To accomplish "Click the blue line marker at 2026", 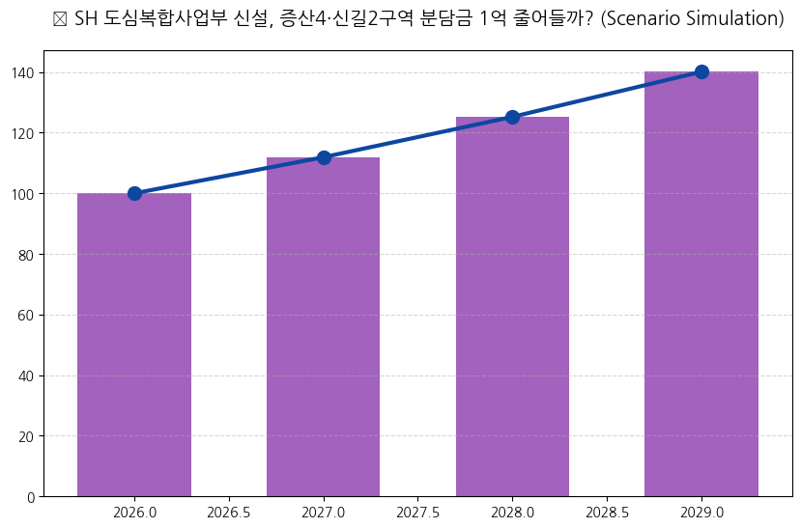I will pos(134,193).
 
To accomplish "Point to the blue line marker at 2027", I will pos(324,157).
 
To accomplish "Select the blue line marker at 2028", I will pos(512,117).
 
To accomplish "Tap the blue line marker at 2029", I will pos(701,71).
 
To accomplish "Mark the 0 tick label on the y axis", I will pos(31,497).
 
